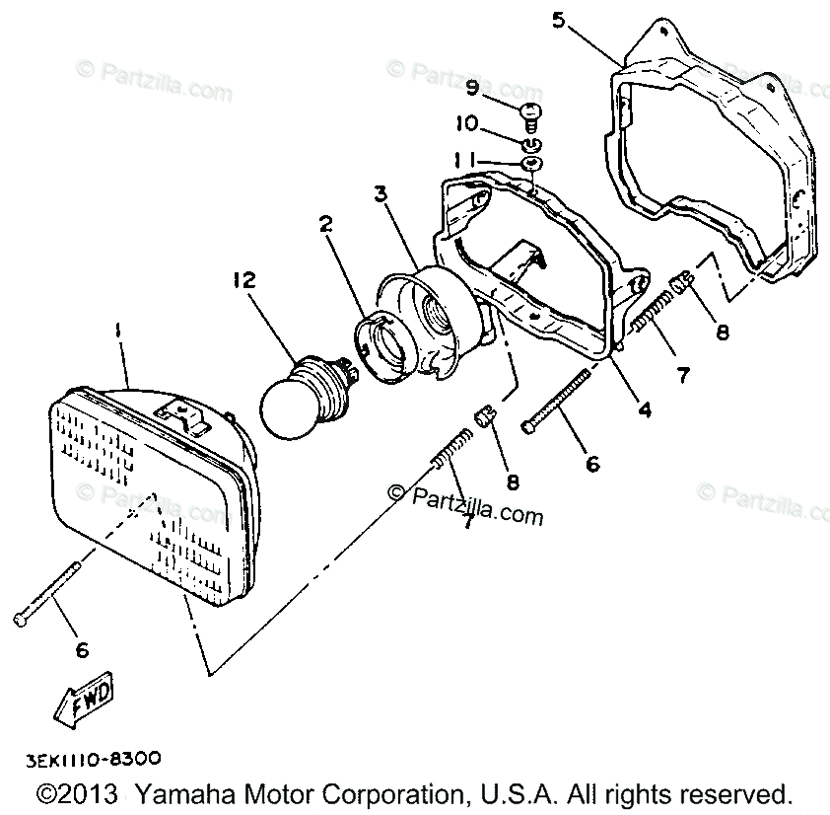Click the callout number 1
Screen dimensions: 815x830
pos(120,334)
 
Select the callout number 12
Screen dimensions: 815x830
pos(242,281)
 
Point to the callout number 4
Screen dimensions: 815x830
pos(643,407)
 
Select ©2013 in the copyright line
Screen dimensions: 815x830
pos(78,794)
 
